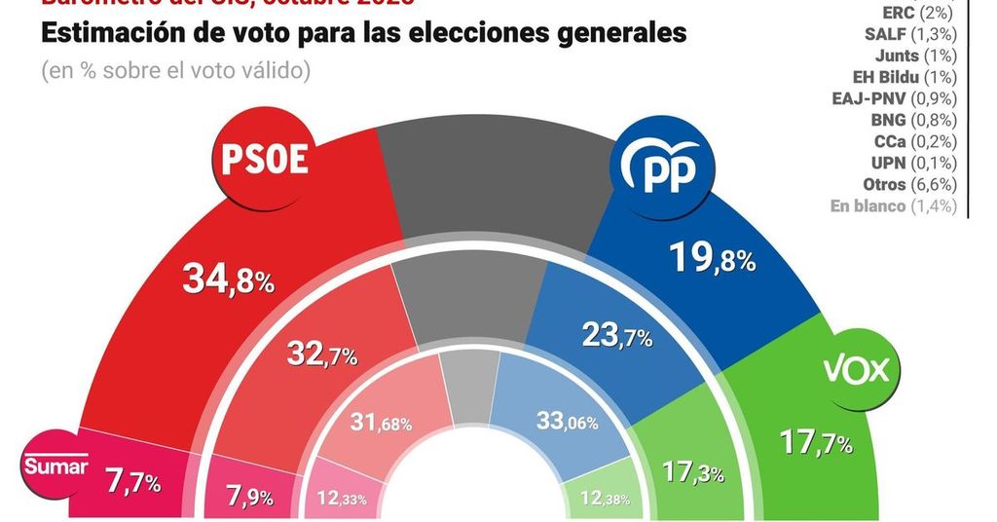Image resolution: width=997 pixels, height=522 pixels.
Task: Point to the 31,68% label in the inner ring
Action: pyautogui.click(x=381, y=423)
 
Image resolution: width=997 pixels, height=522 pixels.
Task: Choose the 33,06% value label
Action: pyautogui.click(x=569, y=422)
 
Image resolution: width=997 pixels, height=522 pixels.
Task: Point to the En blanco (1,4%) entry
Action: pyautogui.click(x=893, y=205)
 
